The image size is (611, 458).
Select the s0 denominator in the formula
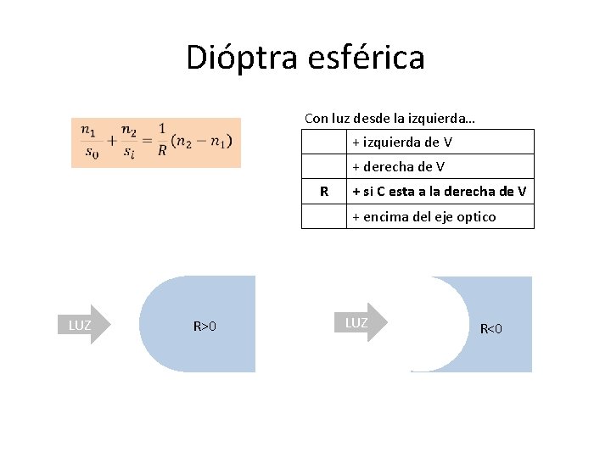[x=91, y=154]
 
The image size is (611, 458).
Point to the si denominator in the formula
[x=128, y=154]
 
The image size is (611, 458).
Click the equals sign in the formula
[x=146, y=142]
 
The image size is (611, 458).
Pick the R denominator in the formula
[x=162, y=153]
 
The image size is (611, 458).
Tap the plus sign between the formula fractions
[x=110, y=142]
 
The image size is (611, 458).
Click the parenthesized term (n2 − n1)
[x=200, y=142]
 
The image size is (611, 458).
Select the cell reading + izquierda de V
[x=402, y=142]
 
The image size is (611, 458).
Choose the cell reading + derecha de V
[x=399, y=166]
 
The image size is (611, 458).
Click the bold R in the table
[x=324, y=191]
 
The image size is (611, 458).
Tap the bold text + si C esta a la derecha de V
[x=440, y=191]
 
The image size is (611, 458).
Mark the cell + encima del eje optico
[x=424, y=216]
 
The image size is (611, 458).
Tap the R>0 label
[x=205, y=326]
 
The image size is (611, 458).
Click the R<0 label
[x=491, y=328]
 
